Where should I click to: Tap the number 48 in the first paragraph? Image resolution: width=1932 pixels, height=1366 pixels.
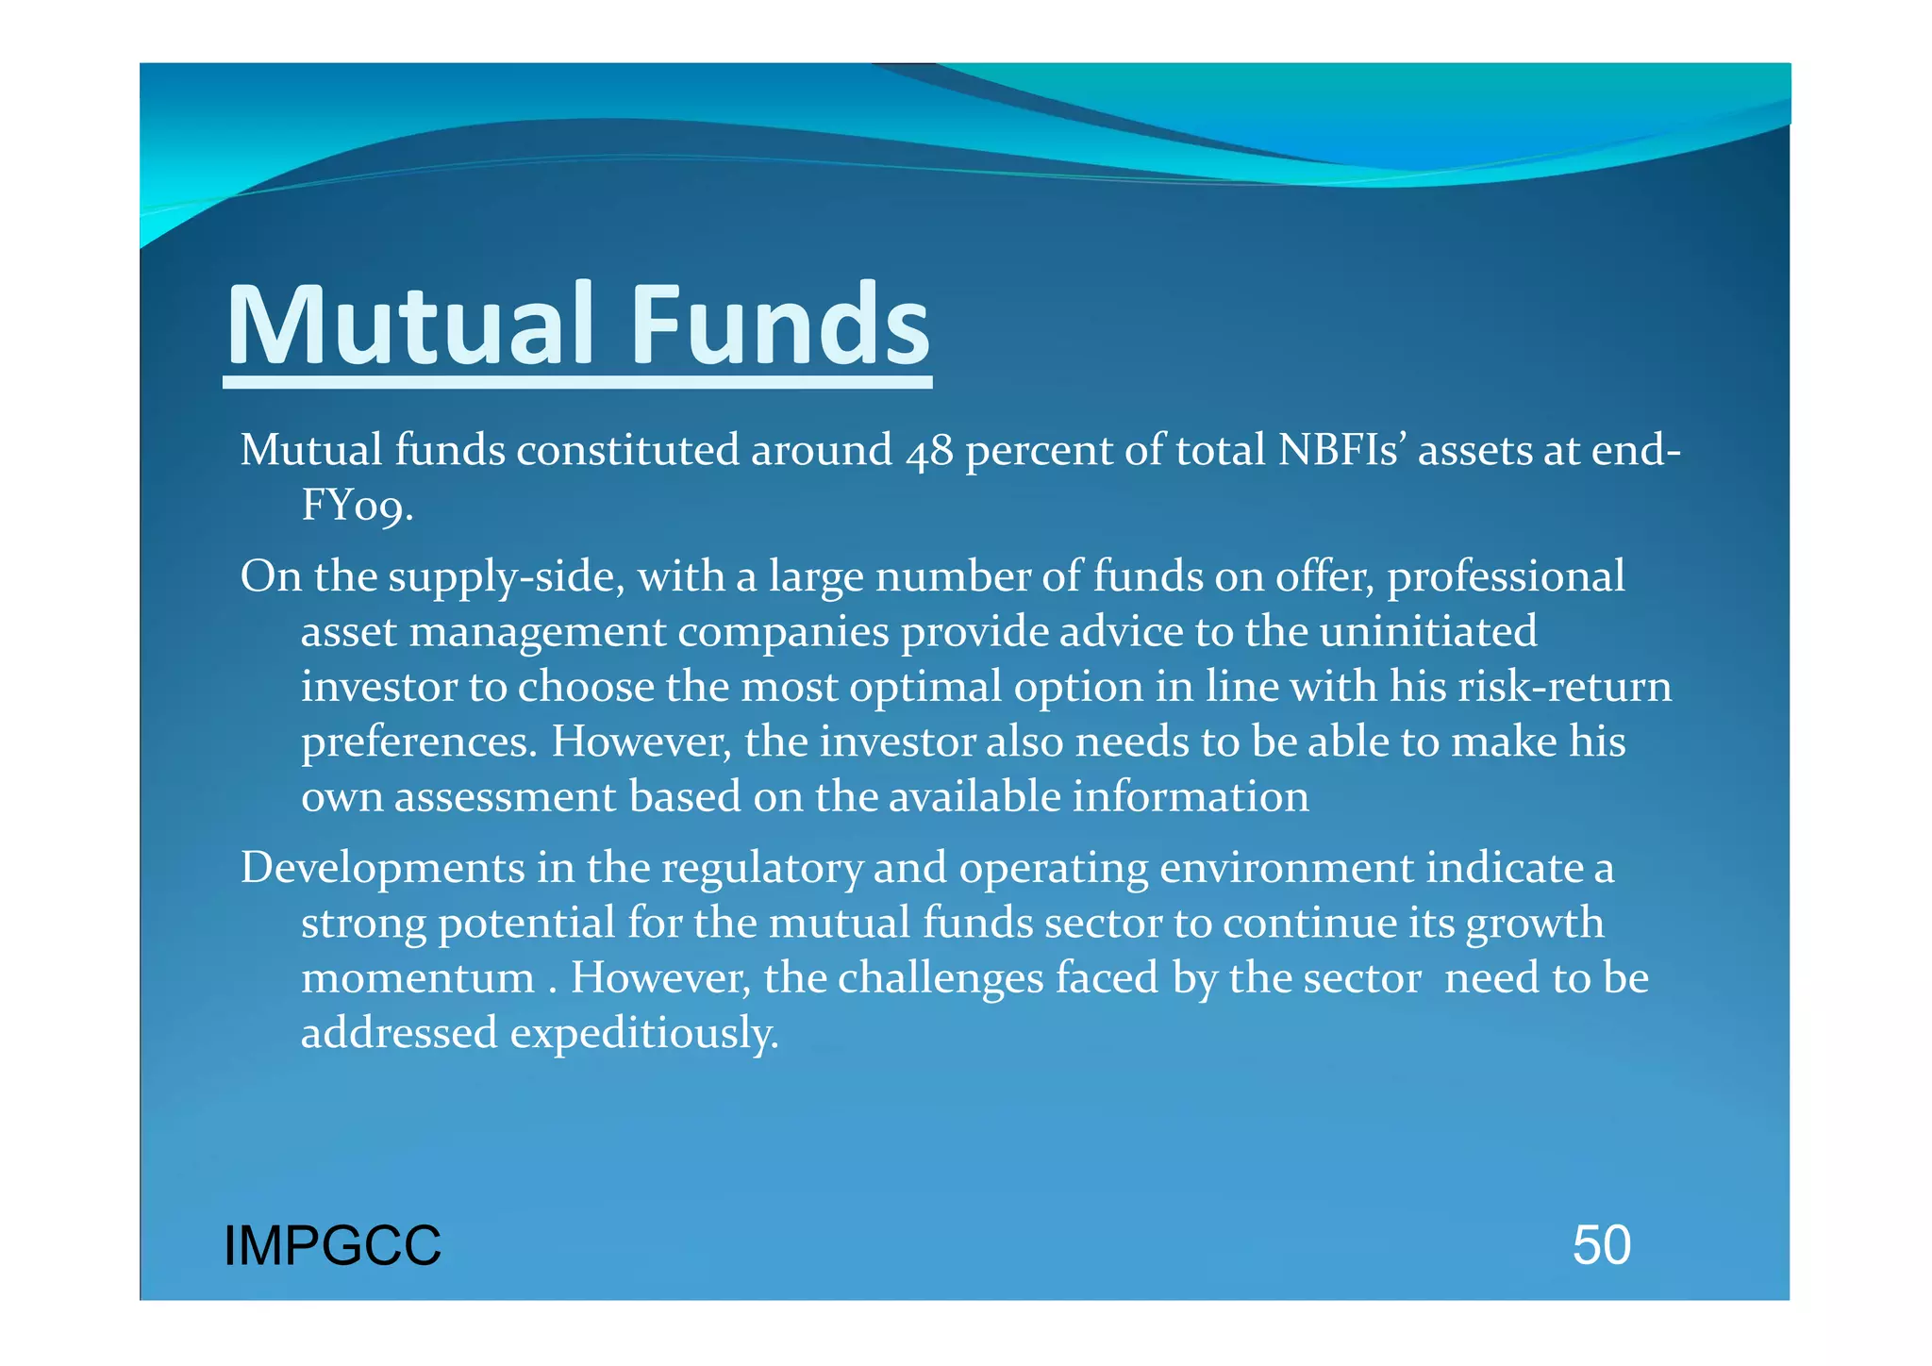pos(928,451)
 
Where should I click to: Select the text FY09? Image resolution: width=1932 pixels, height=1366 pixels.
pos(358,506)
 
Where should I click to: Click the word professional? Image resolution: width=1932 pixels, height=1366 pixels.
pos(1506,577)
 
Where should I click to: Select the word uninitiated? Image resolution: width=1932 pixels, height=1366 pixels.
pos(1428,631)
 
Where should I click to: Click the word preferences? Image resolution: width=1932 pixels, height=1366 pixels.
pos(419,742)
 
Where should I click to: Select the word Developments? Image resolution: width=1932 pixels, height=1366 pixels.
pos(382,868)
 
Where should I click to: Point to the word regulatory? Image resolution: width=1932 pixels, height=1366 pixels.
pos(761,868)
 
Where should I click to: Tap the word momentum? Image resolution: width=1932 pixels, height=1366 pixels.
pos(418,978)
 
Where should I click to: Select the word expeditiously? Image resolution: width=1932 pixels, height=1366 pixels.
pos(644,1034)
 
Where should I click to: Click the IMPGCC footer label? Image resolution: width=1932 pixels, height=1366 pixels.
pos(332,1245)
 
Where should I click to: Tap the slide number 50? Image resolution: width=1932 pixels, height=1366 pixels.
pos(1601,1245)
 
